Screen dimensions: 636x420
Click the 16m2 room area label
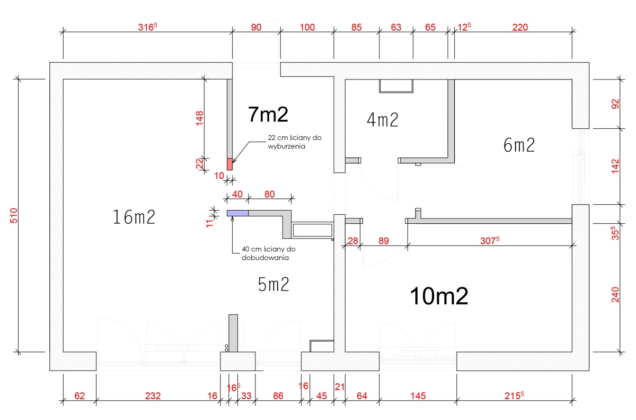click(x=134, y=217)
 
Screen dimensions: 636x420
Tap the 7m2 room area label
click(x=268, y=115)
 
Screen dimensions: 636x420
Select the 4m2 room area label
click(x=383, y=120)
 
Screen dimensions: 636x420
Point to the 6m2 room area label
click(x=519, y=145)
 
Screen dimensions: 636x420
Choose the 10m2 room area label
click(x=439, y=296)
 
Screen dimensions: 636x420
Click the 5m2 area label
click(x=273, y=284)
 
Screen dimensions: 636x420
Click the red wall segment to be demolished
click(x=229, y=164)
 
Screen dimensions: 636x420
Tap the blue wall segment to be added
click(x=237, y=213)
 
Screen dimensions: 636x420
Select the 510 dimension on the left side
click(x=14, y=215)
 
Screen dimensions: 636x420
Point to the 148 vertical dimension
click(x=200, y=118)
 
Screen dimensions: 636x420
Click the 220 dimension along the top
click(x=520, y=27)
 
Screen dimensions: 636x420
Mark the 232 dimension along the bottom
click(x=153, y=396)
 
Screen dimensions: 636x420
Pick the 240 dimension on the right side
click(x=615, y=295)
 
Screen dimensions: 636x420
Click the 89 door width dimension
click(x=384, y=241)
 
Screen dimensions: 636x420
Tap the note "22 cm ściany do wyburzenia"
click(x=295, y=142)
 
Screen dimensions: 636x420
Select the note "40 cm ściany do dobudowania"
click(x=269, y=253)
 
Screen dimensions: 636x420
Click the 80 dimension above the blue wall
click(x=269, y=195)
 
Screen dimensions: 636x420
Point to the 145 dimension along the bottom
click(x=418, y=396)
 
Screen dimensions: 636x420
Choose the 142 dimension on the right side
click(x=615, y=166)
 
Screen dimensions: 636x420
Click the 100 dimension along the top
click(x=307, y=27)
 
